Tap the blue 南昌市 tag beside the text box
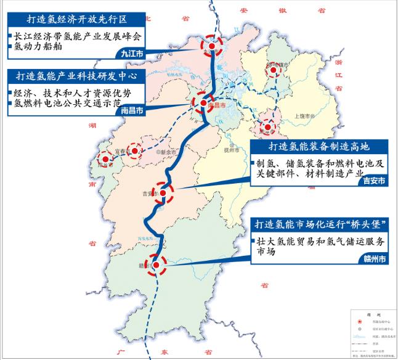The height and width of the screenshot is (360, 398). [x=131, y=112]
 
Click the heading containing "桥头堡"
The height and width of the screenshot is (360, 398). [x=319, y=223]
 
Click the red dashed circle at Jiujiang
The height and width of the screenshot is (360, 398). [x=213, y=45]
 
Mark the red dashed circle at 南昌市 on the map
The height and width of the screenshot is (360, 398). [x=204, y=105]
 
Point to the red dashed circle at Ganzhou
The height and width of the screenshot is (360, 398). [x=158, y=264]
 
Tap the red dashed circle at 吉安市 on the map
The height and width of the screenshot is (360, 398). [x=163, y=194]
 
